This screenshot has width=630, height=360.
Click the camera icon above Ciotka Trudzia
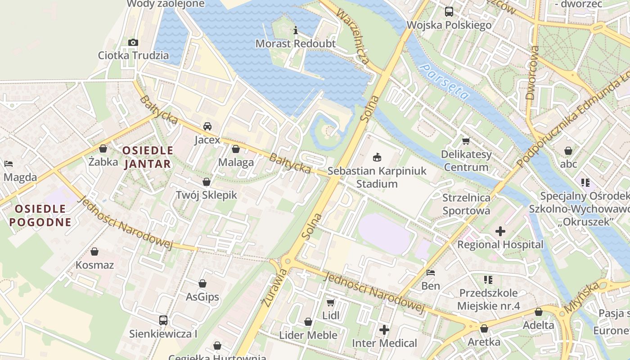pyautogui.click(x=133, y=42)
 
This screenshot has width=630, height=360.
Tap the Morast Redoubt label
pyautogui.click(x=296, y=44)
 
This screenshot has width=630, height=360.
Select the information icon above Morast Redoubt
pyautogui.click(x=296, y=31)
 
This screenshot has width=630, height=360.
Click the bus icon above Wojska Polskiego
pyautogui.click(x=449, y=12)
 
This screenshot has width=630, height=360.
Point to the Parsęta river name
pyautogui.click(x=445, y=81)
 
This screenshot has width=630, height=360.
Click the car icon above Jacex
pyautogui.click(x=207, y=126)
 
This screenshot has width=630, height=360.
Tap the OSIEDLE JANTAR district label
pyautogui.click(x=148, y=157)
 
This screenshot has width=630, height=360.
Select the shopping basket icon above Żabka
pyautogui.click(x=103, y=148)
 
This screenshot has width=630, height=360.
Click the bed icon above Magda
pyautogui.click(x=8, y=164)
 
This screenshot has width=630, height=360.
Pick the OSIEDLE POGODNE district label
pyautogui.click(x=40, y=215)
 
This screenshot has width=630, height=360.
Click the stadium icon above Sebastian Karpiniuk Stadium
pyautogui.click(x=377, y=157)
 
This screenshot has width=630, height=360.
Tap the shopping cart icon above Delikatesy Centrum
pyautogui.click(x=466, y=141)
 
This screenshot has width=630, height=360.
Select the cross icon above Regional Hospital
pyautogui.click(x=500, y=231)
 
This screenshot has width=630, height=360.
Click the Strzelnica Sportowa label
pyautogui.click(x=466, y=204)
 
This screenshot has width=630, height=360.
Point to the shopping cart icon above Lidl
pyautogui.click(x=331, y=302)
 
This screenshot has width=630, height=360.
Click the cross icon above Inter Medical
pyautogui.click(x=384, y=330)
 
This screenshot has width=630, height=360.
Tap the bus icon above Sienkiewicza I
pyautogui.click(x=163, y=320)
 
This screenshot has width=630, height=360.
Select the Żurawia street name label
pyautogui.click(x=274, y=288)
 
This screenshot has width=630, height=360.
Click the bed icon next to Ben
pyautogui.click(x=431, y=273)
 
